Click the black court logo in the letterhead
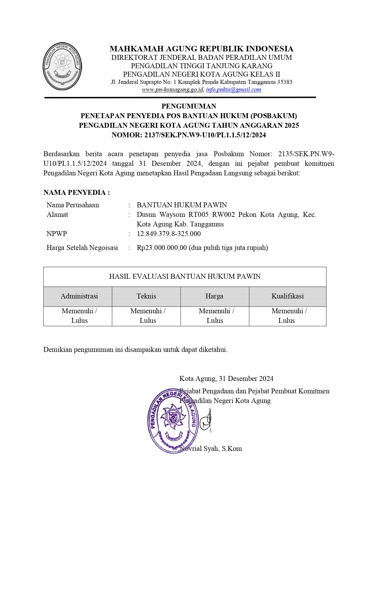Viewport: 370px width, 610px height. coord(62,66)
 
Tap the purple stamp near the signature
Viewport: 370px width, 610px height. coord(173,421)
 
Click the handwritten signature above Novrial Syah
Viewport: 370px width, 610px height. coord(206,420)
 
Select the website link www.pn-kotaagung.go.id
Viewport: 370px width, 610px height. coord(173,90)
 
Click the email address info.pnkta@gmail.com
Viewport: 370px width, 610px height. coord(233,90)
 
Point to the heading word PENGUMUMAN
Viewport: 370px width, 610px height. coord(189,106)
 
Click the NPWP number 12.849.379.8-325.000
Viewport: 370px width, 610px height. coord(169,234)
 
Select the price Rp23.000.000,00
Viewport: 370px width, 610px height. coord(162,248)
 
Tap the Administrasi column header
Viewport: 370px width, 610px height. coord(79,296)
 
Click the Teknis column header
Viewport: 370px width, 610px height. coord(146,296)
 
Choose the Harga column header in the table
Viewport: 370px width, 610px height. coord(214,296)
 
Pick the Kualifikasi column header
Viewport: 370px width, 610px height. coord(287,296)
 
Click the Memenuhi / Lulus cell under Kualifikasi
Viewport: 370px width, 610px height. coord(287,316)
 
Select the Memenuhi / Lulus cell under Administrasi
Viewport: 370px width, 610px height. coord(79,316)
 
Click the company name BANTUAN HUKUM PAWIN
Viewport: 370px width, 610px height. coord(182,205)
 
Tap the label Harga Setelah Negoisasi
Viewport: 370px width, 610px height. coord(82,248)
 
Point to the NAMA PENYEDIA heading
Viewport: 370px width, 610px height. coord(77,192)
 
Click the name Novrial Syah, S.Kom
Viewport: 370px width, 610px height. coord(211,449)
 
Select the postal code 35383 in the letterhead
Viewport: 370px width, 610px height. coord(284,82)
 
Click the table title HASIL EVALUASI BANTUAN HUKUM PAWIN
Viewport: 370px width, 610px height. coord(185,276)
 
